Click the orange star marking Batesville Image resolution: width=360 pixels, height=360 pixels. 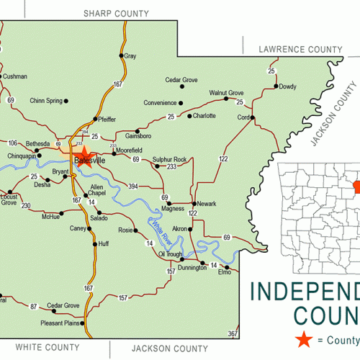pyautogui.click(x=83, y=153)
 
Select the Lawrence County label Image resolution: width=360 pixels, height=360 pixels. pyautogui.click(x=300, y=49)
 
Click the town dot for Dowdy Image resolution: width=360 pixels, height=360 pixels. pyautogui.click(x=276, y=86)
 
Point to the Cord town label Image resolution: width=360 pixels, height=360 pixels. pyautogui.click(x=243, y=117)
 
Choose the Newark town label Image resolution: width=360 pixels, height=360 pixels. pyautogui.click(x=206, y=204)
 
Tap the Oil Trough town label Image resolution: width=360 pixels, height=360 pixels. pyautogui.click(x=171, y=254)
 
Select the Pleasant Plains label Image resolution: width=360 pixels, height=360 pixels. pyautogui.click(x=60, y=324)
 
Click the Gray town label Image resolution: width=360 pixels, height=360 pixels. pyautogui.click(x=130, y=56)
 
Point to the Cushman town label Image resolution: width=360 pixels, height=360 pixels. pyautogui.click(x=14, y=76)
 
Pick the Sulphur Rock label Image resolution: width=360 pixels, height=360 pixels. pyautogui.click(x=169, y=158)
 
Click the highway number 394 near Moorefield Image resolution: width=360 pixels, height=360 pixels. pyautogui.click(x=133, y=186)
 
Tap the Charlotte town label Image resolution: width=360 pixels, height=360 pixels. pyautogui.click(x=204, y=115)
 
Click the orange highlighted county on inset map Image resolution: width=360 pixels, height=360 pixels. pyautogui.click(x=351, y=186)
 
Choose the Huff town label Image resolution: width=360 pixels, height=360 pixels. pyautogui.click(x=104, y=244)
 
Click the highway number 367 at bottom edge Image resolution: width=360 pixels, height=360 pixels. pyautogui.click(x=233, y=334)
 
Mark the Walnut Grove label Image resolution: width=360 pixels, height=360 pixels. pyautogui.click(x=226, y=93)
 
